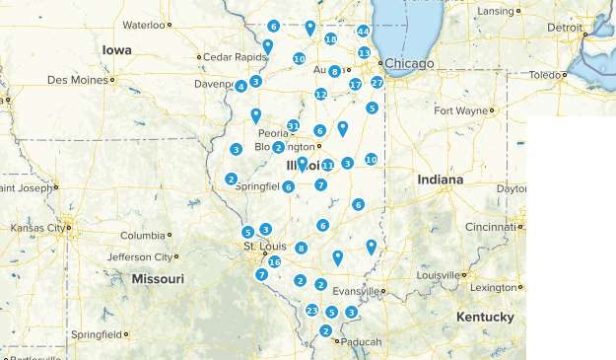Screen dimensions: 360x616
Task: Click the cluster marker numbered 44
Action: pos(363,32)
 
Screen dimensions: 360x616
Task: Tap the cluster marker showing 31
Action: pos(293,125)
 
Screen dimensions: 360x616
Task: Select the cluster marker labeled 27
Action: pos(376,83)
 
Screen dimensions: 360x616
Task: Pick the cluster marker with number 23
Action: pos(311,311)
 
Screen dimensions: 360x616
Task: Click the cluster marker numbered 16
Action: pos(274,261)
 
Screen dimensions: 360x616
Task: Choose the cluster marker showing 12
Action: pos(320,94)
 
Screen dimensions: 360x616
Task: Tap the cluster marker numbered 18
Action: pos(330,39)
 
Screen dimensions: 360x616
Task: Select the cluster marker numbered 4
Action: pos(240,87)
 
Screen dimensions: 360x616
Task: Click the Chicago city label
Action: pos(409,64)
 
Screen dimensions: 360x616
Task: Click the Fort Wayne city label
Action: pos(461,109)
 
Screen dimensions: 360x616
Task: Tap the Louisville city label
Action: pos(438,275)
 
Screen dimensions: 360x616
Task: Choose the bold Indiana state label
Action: pos(440,180)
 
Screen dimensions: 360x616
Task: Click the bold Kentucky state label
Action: pos(485,317)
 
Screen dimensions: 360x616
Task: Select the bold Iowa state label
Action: pos(116,49)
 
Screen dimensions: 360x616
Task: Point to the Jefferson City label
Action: pos(140,256)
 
